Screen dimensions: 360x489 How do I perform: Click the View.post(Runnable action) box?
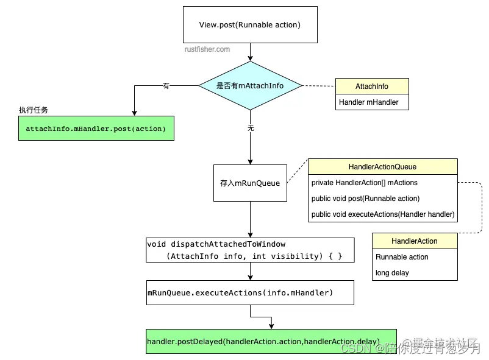point(250,24)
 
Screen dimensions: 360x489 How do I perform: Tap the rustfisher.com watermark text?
point(207,49)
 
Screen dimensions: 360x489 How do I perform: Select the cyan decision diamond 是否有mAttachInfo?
point(250,86)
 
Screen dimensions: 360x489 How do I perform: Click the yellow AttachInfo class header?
point(371,86)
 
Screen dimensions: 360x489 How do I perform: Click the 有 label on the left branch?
point(166,86)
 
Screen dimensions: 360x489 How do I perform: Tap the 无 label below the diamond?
point(250,128)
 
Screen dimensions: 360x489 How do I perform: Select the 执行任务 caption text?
point(34,110)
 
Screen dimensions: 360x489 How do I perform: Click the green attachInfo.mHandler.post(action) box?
point(96,129)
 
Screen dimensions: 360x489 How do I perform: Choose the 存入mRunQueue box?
point(250,183)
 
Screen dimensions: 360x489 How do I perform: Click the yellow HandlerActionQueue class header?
point(382,167)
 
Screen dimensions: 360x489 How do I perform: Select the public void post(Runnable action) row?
point(365,199)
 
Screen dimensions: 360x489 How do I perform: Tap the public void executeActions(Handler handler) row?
point(382,214)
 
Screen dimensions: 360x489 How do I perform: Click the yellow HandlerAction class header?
point(414,241)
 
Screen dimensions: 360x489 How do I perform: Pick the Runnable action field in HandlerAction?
point(402,257)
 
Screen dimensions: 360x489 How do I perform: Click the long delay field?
point(392,273)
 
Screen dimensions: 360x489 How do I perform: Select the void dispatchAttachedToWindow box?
point(250,250)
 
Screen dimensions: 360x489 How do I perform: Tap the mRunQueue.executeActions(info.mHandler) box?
point(250,293)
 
